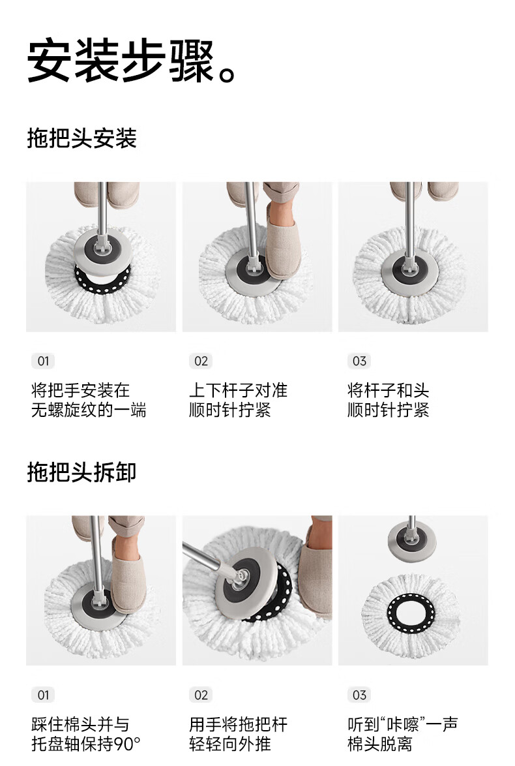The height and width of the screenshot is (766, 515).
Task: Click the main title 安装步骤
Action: coord(121,61)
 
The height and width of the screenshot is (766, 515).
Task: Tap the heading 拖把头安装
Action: coord(81,138)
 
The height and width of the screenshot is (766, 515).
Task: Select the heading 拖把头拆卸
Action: coord(81,472)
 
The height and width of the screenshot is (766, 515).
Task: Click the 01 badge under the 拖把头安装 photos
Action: coord(43,361)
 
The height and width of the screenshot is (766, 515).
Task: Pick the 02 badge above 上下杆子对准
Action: coord(201,361)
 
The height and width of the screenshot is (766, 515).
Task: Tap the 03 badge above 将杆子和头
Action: coord(359,361)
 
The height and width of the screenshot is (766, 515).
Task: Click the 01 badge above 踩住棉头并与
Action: coord(43,695)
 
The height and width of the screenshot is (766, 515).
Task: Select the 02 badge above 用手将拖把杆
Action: coord(201,695)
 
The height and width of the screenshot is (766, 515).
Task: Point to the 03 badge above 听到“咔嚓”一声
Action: coord(359,695)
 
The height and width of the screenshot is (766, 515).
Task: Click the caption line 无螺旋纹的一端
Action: coord(89,410)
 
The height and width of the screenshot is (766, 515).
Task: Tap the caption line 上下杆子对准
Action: coord(238,390)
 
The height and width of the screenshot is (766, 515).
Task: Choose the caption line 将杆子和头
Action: coord(389,390)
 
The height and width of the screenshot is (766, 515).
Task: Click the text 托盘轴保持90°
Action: coord(86,744)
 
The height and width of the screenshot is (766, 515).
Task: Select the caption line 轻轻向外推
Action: coord(230,744)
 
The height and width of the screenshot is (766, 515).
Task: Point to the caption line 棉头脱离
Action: coord(380,744)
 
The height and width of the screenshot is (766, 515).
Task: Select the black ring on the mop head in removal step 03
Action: coord(411,612)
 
